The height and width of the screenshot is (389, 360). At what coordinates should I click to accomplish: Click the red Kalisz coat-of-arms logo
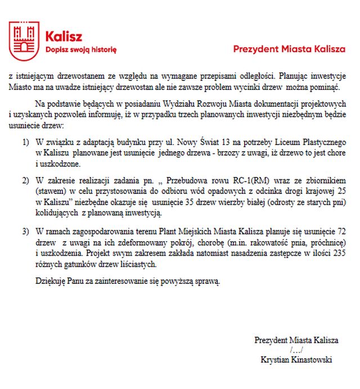pos(24,40)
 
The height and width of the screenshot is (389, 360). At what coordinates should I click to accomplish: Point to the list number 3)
pos(26,232)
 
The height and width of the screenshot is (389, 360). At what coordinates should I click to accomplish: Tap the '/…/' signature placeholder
pos(296,350)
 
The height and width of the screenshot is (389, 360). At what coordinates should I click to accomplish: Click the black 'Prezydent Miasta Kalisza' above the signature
pos(296,340)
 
